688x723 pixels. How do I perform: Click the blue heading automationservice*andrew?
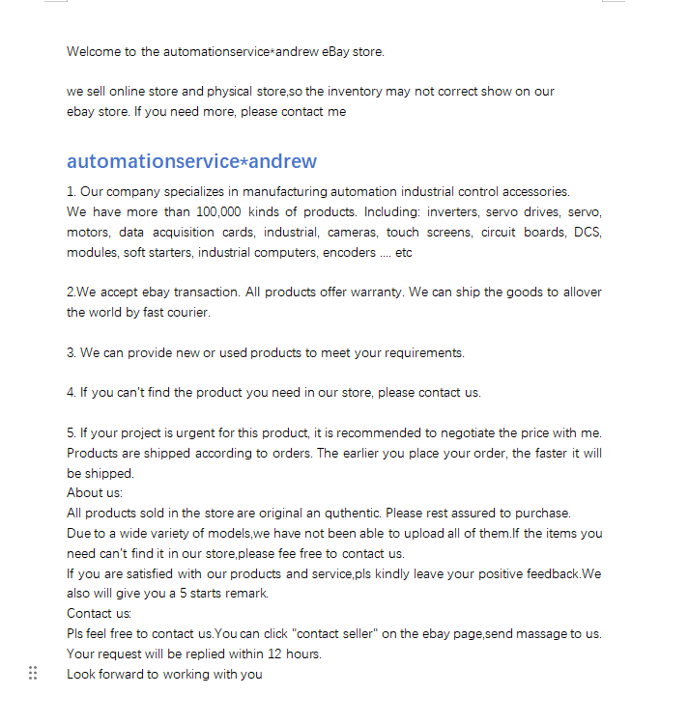pos(191,161)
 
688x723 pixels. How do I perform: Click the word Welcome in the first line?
pos(90,51)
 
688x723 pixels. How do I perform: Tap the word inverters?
pos(452,211)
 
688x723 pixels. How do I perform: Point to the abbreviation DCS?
pos(588,232)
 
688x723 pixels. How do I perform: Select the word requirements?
pos(423,352)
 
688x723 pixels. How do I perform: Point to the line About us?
pos(95,493)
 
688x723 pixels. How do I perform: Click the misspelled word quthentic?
pos(364,513)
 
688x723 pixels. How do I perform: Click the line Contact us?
pos(100,614)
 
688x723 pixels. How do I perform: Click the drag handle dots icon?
pos(33,673)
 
